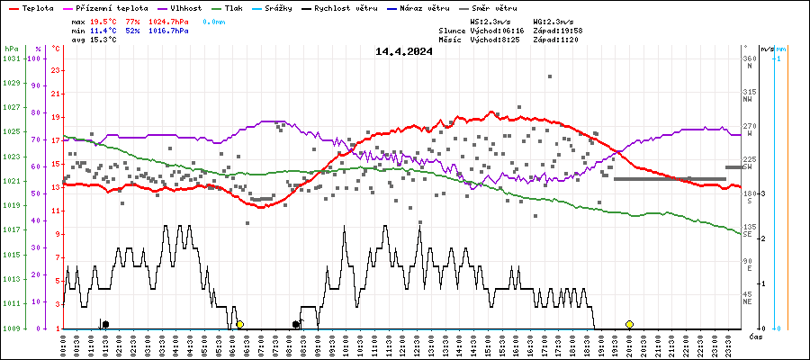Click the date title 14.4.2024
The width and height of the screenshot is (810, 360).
pos(404,51)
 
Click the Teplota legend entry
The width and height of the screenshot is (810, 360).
pos(31,8)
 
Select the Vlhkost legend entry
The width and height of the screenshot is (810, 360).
pos(184,8)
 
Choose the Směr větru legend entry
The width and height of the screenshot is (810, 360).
pos(494,8)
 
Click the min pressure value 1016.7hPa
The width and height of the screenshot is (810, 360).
pos(169,30)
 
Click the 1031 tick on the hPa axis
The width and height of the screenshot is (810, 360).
pos(12,58)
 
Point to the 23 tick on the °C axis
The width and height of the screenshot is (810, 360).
pos(56,70)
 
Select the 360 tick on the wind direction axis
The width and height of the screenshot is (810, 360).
pos(749,58)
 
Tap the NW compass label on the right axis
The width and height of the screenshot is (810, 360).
pos(749,100)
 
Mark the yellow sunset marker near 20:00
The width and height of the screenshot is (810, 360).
pos(629,324)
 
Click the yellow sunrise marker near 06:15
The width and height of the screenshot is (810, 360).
pos(239,324)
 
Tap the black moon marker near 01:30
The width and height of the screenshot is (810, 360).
pos(105,324)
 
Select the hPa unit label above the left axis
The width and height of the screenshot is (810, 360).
pos(12,49)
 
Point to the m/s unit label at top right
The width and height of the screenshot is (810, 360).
pos(767,49)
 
